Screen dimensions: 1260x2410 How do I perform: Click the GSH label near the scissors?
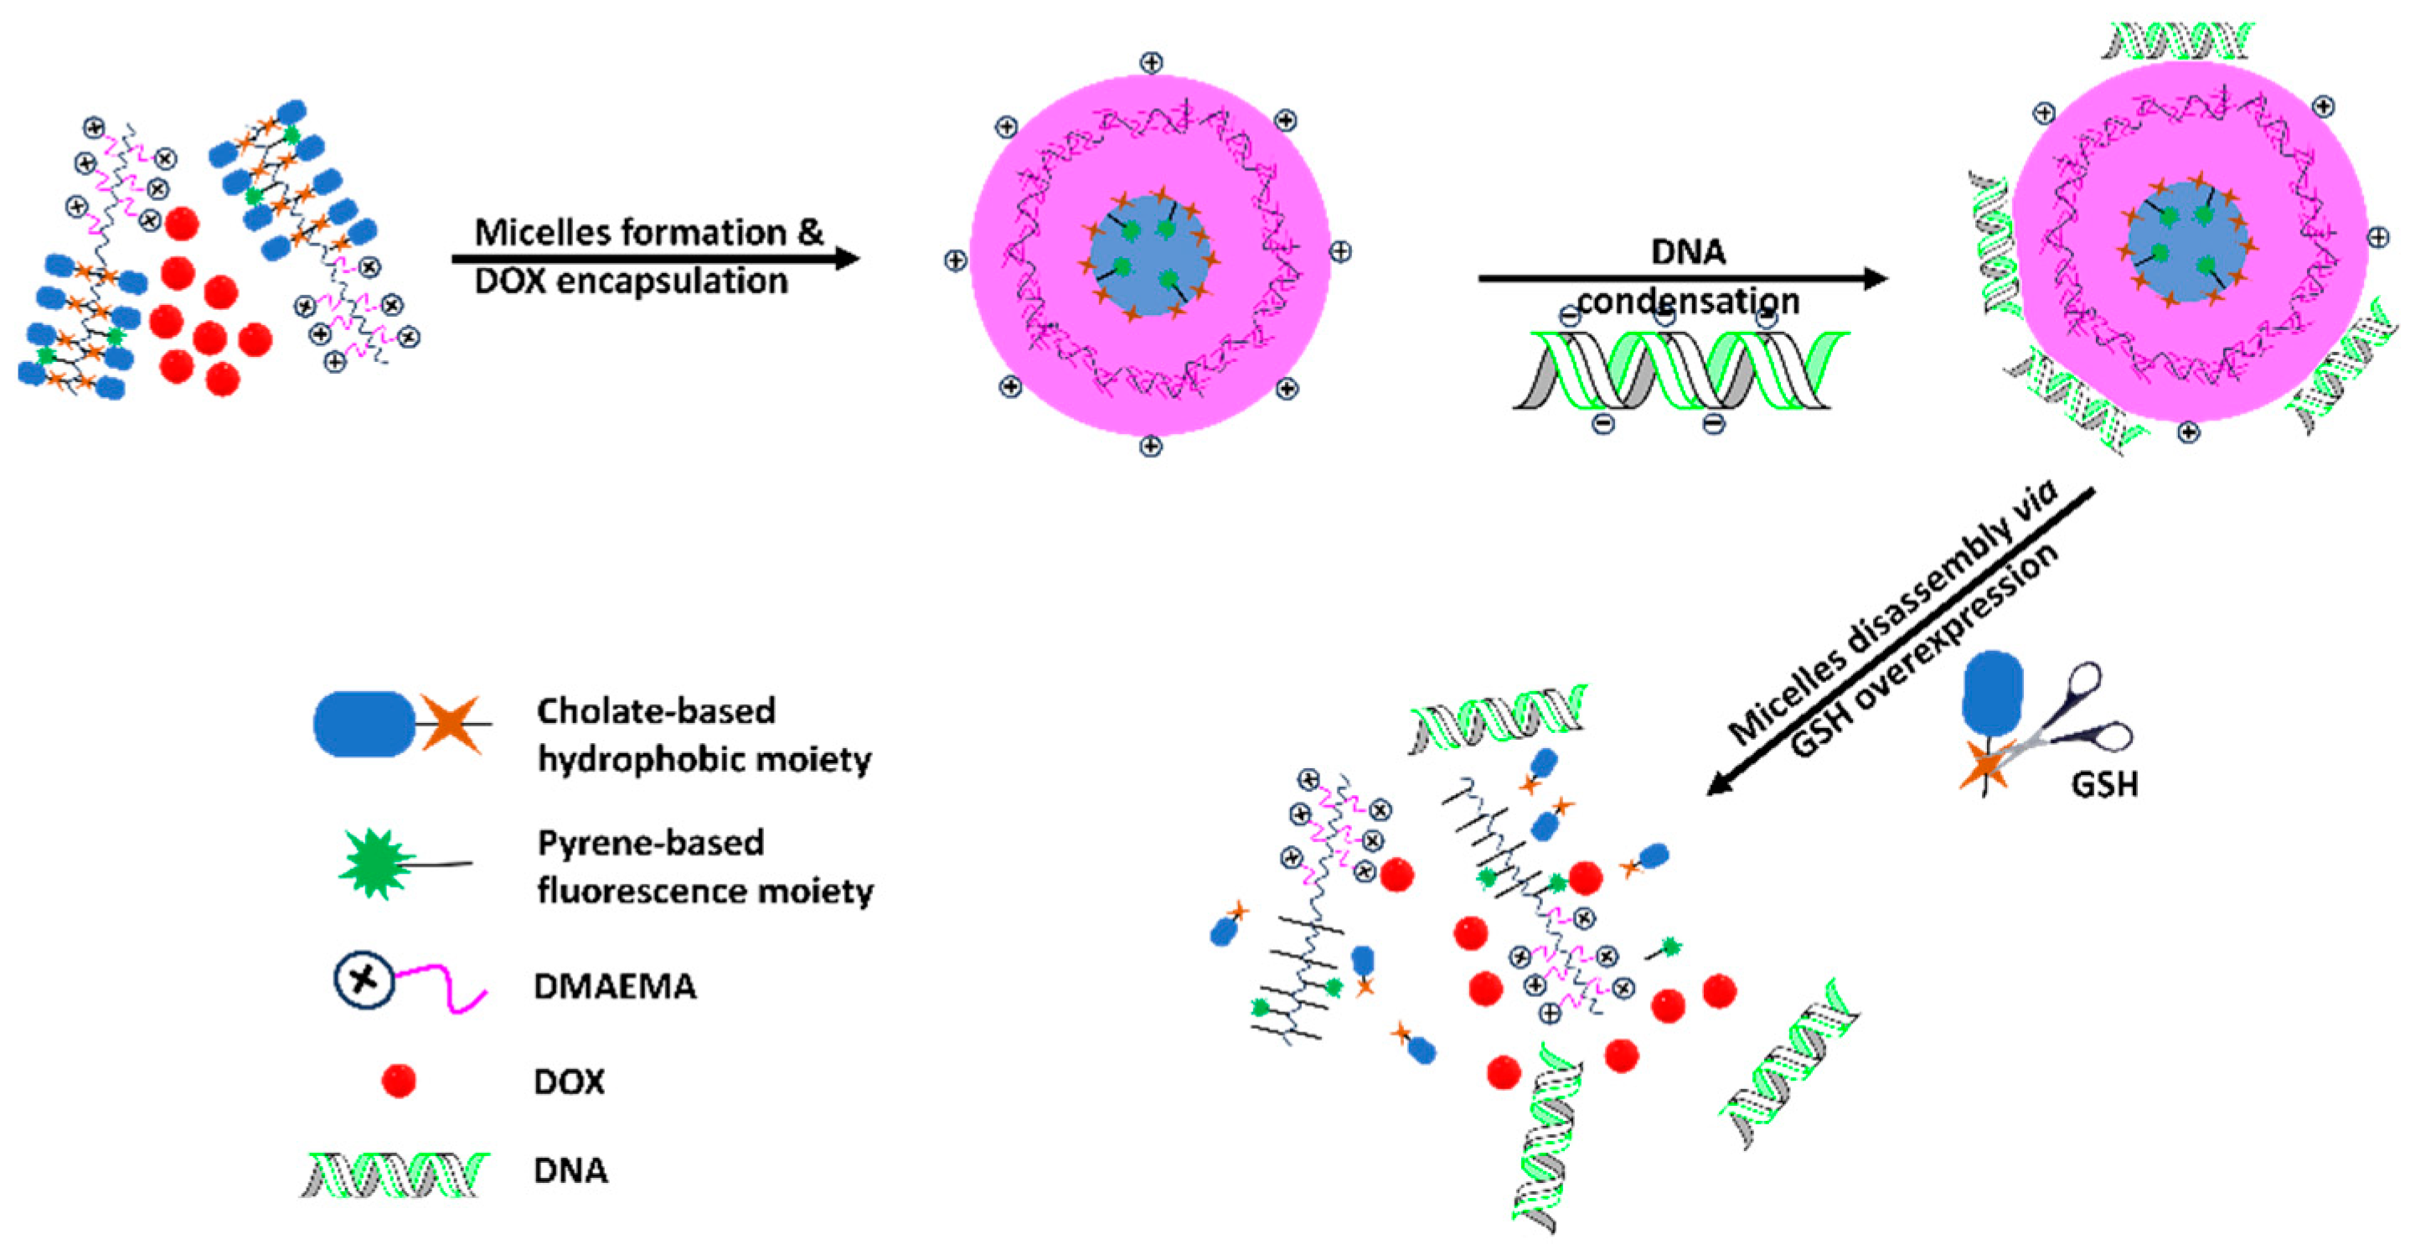2104,783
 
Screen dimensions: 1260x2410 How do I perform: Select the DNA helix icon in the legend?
395,1174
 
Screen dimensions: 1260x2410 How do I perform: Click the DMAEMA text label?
615,987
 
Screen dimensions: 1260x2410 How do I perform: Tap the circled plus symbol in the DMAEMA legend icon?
364,979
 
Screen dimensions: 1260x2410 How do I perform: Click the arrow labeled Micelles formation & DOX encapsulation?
655,259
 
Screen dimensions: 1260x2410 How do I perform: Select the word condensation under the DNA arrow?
1689,302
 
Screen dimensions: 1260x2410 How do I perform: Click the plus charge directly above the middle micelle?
1151,63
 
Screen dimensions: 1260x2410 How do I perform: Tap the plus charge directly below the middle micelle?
1151,447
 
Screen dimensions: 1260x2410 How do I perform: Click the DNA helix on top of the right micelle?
2178,41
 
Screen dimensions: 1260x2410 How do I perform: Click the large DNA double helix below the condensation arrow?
1680,370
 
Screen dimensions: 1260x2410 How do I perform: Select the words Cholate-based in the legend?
656,711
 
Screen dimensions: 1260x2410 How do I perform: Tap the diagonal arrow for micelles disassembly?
1899,642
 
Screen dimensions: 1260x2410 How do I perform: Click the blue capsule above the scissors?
1993,693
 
